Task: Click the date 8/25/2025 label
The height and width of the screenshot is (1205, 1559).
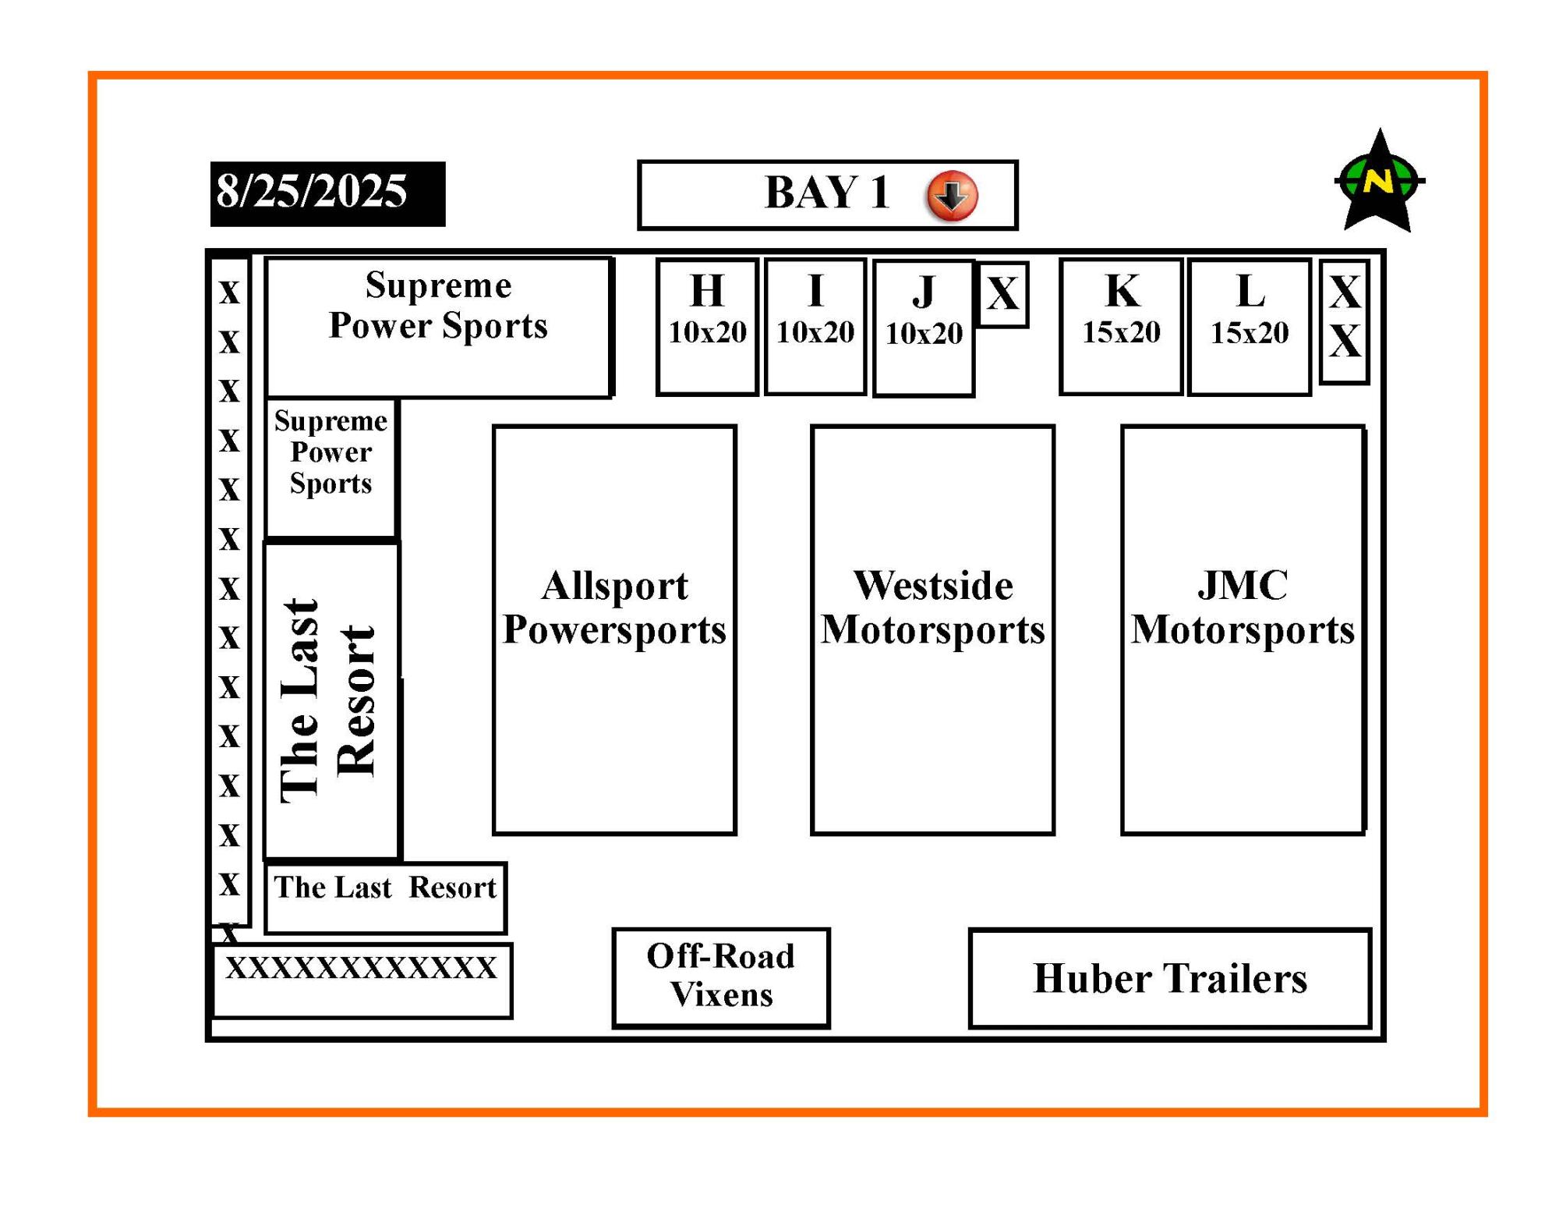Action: tap(327, 193)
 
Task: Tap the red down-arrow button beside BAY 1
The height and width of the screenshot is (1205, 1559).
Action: tap(952, 195)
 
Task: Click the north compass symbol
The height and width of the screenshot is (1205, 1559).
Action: tap(1380, 181)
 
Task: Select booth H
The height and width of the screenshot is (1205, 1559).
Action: tap(707, 327)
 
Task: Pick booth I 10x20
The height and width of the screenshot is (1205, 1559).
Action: tap(815, 327)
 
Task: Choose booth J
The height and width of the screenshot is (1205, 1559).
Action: tap(924, 328)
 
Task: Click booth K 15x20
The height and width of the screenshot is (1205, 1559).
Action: tap(1122, 327)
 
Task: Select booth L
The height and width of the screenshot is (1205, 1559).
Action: tap(1250, 328)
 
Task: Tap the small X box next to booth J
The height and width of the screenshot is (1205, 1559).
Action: tap(1003, 295)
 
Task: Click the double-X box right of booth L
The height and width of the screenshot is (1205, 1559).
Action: tap(1345, 322)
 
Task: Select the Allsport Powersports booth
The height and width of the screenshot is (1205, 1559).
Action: tap(614, 630)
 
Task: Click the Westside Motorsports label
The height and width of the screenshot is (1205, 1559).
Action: tap(932, 608)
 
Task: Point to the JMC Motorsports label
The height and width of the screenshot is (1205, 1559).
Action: tap(1243, 608)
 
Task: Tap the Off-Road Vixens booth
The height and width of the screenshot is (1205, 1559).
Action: tap(721, 978)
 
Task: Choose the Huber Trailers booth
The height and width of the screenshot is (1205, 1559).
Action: tap(1170, 978)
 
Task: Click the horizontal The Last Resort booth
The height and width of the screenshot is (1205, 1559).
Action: tap(386, 898)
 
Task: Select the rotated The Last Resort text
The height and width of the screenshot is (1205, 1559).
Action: tap(328, 700)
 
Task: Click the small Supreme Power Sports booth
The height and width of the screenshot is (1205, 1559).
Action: tap(331, 468)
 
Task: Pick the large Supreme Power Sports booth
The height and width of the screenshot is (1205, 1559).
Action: tap(439, 328)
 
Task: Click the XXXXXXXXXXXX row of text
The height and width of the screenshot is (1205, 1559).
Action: tap(362, 968)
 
